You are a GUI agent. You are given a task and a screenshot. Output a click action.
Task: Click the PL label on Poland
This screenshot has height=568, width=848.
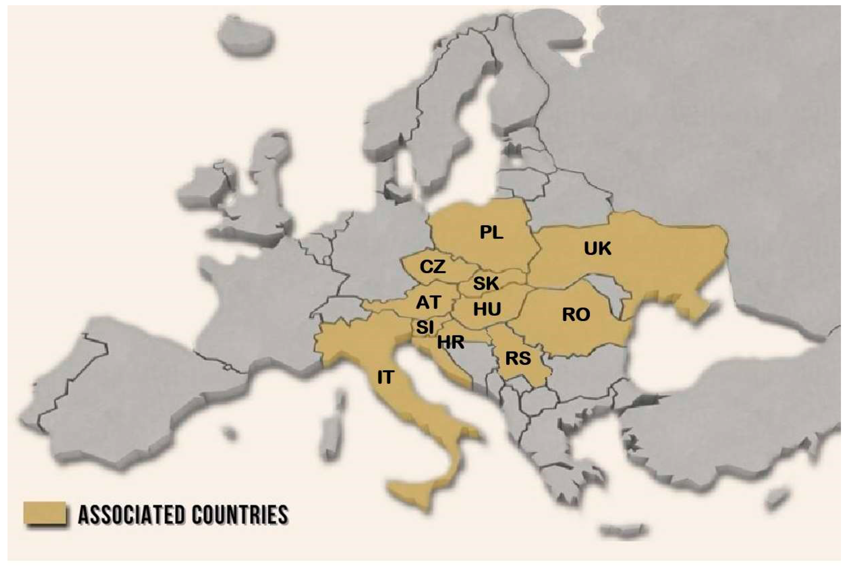click(491, 232)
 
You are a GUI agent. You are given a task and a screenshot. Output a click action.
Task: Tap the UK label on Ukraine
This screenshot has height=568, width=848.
click(597, 249)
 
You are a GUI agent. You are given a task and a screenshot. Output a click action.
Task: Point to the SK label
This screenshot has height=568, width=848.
click(486, 283)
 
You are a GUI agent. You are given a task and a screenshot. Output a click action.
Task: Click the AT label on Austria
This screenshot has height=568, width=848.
click(428, 303)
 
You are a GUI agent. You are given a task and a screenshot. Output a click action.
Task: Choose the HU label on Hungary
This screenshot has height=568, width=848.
click(487, 309)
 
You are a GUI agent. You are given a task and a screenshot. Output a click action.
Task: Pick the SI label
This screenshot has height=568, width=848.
click(425, 327)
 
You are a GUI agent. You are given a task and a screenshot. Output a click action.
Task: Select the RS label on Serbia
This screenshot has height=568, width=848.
click(518, 358)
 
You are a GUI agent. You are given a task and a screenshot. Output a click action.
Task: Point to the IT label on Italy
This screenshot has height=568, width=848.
click(385, 377)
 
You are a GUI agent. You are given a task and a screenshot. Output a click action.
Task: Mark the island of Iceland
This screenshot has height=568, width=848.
click(246, 36)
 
